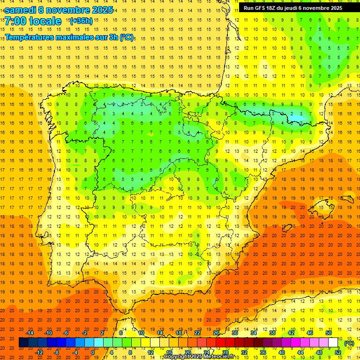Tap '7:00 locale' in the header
33,21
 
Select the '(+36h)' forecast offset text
81,21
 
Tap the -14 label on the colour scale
30,333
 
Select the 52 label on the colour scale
338,352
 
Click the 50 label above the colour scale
328,333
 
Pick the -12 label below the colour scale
39,352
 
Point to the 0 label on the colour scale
93,352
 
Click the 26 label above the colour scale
216,333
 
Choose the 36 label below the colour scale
263,352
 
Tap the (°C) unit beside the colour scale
349,343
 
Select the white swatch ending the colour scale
333,343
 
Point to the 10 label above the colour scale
141,333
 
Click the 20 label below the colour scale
188,352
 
